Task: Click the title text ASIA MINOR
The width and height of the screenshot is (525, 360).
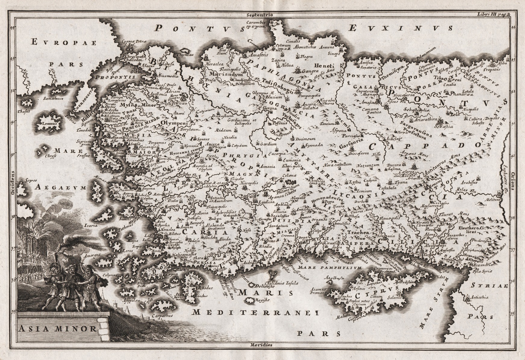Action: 57,328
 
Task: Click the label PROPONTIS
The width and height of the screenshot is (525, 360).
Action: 111,77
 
